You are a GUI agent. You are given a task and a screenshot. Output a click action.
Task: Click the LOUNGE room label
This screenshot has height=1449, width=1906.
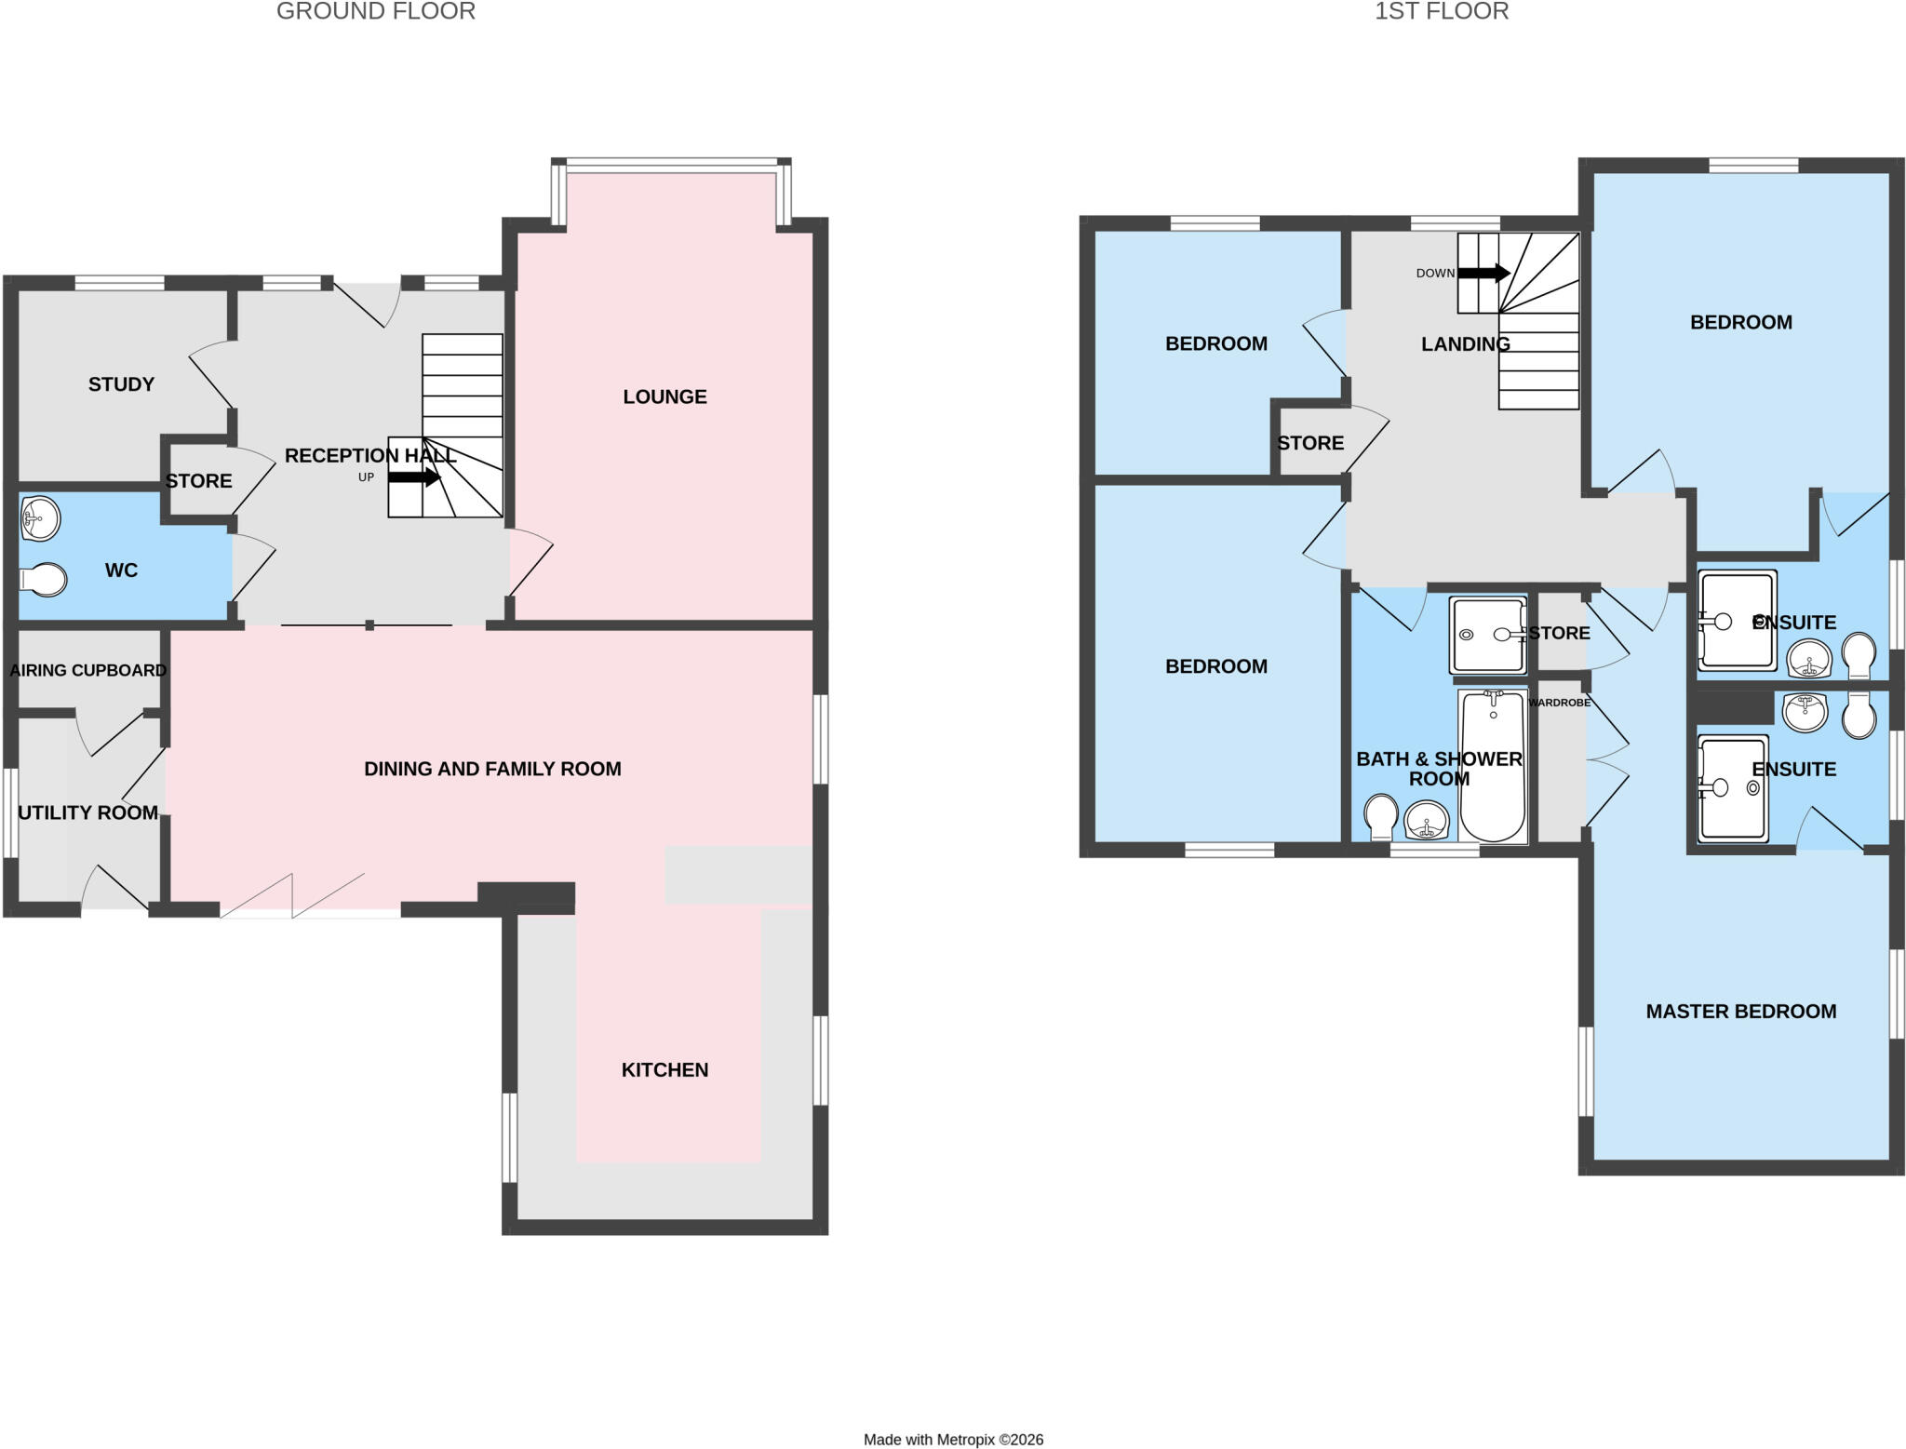664,396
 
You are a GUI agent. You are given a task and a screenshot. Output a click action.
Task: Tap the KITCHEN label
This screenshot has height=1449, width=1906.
664,1069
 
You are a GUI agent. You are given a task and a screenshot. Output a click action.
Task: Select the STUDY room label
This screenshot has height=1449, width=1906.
121,384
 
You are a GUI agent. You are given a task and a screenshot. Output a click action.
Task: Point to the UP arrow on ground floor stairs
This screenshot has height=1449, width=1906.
414,477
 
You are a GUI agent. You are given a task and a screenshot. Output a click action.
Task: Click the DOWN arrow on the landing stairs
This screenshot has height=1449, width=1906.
1483,273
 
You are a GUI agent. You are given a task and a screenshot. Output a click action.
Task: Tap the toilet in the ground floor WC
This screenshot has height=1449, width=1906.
43,580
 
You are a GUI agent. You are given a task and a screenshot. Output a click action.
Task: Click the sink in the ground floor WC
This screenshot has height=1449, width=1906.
40,518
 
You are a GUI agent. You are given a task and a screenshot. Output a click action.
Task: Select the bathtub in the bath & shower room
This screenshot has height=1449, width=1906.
1493,766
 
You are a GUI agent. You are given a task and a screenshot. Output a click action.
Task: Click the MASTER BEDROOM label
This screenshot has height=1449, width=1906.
1740,1011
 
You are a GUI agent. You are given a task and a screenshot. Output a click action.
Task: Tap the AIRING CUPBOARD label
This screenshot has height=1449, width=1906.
88,670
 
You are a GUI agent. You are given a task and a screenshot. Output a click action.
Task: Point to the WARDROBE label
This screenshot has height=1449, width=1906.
1559,703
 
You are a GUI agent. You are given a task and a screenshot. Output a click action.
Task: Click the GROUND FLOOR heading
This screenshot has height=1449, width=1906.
376,11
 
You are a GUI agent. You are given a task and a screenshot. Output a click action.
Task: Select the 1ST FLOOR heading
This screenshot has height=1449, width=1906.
1442,11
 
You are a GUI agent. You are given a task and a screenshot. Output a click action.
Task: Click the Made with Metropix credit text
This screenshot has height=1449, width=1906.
953,1440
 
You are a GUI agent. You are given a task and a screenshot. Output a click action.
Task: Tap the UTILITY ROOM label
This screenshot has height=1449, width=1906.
87,812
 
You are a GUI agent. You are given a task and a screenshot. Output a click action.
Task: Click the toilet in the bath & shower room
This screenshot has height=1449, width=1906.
1381,816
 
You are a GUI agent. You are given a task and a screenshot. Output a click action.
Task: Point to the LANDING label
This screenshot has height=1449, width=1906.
1465,344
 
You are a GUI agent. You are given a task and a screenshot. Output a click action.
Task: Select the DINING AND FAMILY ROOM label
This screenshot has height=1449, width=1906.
492,769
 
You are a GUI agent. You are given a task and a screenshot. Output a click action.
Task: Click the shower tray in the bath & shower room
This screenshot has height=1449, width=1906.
1488,635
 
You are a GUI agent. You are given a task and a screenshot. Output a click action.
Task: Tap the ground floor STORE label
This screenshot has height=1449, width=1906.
198,481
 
